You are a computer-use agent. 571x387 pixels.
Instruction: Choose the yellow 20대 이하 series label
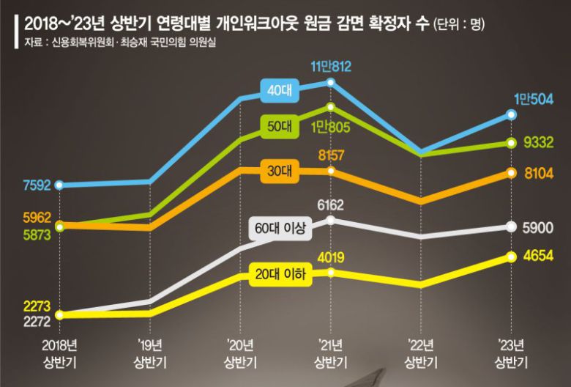click(x=281, y=275)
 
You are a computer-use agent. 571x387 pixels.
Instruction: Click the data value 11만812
click(x=331, y=67)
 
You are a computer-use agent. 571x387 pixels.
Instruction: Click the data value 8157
click(x=331, y=155)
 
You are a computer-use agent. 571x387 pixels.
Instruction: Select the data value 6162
click(x=331, y=205)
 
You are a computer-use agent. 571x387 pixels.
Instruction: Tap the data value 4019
click(x=331, y=257)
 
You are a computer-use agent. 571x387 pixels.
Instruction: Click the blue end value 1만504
click(x=533, y=100)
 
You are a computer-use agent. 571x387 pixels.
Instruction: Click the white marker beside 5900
click(x=512, y=227)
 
